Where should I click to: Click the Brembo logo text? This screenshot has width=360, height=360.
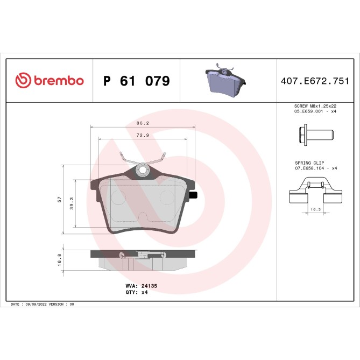pos(59,81)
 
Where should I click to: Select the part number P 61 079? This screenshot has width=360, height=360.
pos(136,81)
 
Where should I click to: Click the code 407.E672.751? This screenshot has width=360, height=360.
pos(315,81)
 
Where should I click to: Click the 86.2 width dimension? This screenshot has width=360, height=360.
pos(143,123)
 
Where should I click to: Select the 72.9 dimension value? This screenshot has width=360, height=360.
pos(143,136)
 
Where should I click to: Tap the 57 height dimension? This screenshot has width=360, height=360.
pos(59,199)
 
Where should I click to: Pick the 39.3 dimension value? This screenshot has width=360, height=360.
pos(72,203)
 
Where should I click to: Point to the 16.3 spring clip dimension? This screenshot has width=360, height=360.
pos(316,209)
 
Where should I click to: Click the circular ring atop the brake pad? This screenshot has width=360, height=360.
pos(143,171)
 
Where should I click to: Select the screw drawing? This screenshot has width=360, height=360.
pos(315,133)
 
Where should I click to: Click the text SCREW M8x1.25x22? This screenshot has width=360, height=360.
pos(315,107)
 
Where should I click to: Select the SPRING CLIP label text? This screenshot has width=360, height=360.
pos(308,162)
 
